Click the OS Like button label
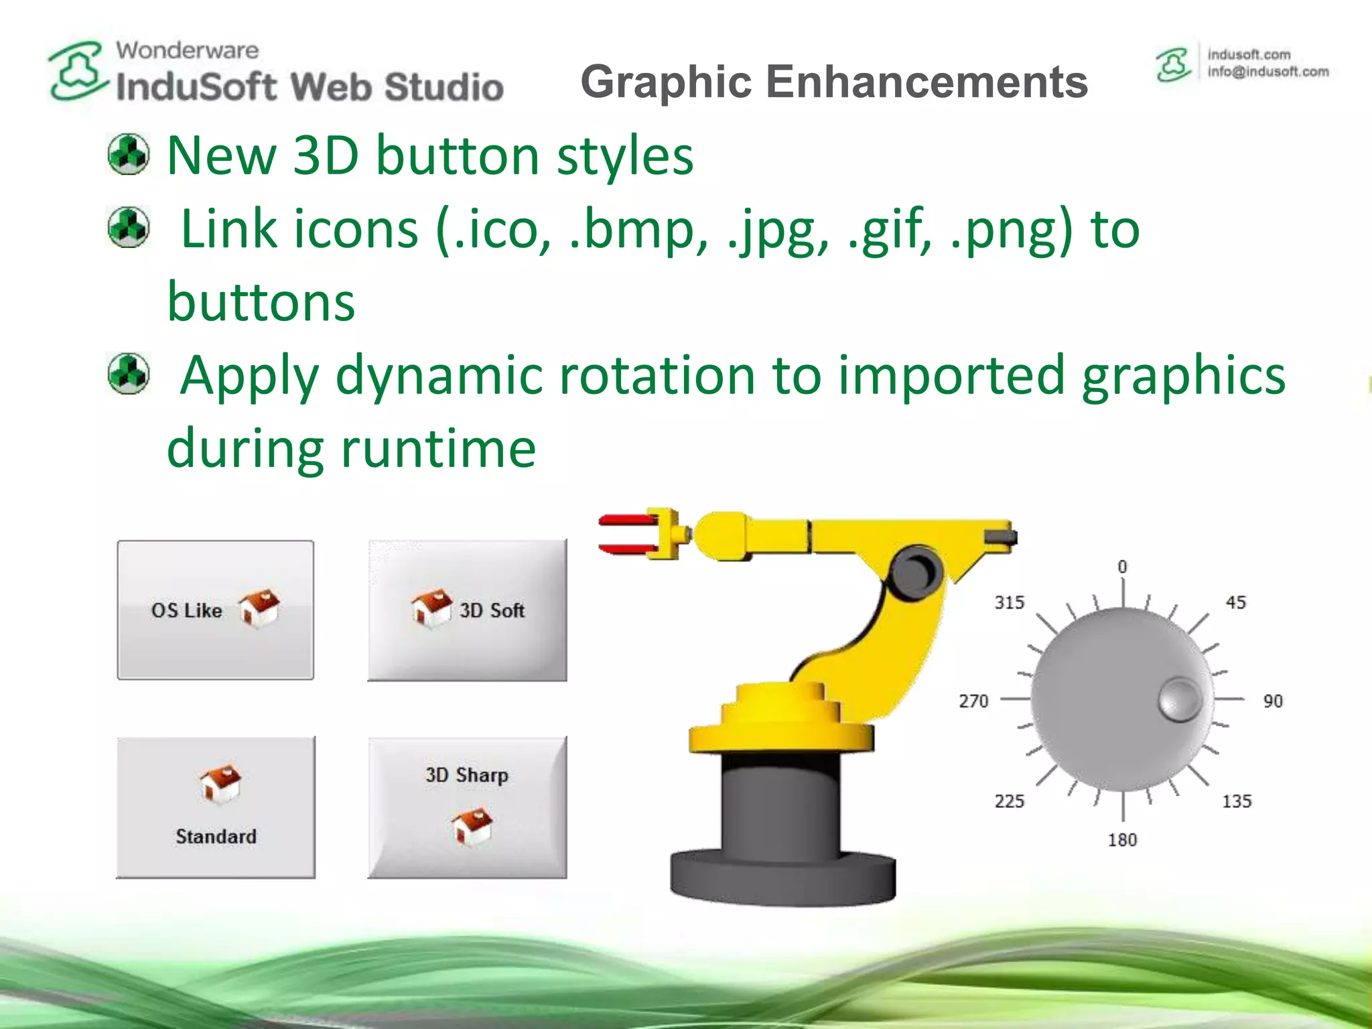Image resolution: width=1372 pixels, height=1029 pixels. tap(186, 610)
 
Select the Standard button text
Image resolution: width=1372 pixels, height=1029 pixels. tap(216, 836)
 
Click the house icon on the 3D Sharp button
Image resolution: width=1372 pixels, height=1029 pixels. tap(472, 826)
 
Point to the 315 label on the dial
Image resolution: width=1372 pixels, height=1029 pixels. tap(1009, 602)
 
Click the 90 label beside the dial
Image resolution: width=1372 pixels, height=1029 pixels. tap(1272, 701)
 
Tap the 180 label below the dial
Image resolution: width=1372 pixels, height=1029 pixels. tap(1122, 839)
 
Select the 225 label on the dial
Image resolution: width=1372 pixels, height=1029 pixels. tap(1009, 801)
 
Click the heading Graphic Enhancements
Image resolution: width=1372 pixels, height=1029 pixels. tap(834, 82)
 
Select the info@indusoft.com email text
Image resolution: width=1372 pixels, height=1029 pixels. tap(1267, 72)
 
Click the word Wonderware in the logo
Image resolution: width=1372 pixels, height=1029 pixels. tap(187, 50)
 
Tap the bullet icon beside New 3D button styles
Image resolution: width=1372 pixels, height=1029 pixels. tap(128, 154)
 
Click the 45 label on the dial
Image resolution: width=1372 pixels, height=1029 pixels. tap(1235, 602)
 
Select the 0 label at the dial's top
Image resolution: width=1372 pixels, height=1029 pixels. tap(1123, 567)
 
